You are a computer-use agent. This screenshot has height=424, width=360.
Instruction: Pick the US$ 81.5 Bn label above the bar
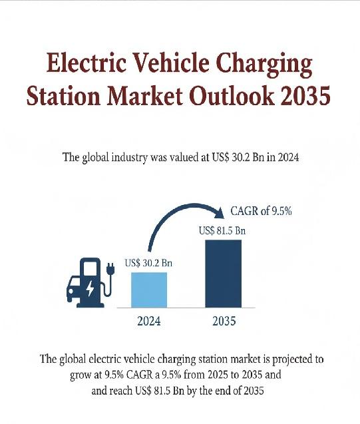click(x=222, y=231)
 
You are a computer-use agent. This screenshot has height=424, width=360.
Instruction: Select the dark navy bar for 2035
click(x=223, y=274)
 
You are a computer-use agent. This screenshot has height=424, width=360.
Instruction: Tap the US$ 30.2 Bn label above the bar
click(x=149, y=263)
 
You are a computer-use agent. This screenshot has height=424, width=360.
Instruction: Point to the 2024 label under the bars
click(x=148, y=321)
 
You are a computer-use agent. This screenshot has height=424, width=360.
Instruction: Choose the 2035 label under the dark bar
click(x=223, y=321)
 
